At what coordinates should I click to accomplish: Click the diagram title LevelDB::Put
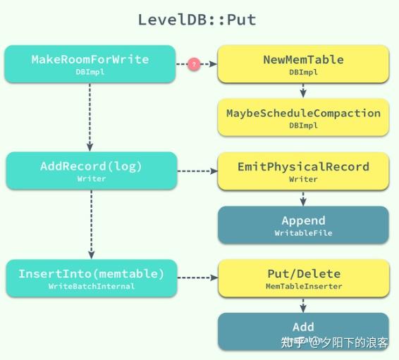click(x=197, y=20)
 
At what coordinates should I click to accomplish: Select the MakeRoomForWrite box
click(x=90, y=64)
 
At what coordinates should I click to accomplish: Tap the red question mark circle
click(x=194, y=64)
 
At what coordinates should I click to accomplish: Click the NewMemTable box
click(x=303, y=64)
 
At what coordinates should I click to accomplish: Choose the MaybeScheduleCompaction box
click(x=303, y=117)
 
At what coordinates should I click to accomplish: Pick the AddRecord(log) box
click(x=91, y=170)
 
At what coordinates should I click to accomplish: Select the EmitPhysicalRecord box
click(x=303, y=170)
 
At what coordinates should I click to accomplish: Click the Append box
click(x=303, y=225)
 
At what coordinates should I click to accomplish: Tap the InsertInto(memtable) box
click(x=91, y=278)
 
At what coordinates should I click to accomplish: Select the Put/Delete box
click(x=303, y=278)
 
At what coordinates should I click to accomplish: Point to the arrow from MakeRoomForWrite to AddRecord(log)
click(x=91, y=116)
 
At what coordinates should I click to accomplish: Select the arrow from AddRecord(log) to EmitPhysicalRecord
click(x=197, y=170)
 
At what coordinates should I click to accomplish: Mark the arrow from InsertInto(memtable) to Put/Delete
click(x=197, y=278)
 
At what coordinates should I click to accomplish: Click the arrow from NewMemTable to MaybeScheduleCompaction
click(x=303, y=90)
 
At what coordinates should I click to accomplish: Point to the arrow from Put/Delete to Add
click(x=303, y=304)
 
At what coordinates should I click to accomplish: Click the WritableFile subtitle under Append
click(x=303, y=232)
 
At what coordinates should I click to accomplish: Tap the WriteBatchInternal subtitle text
click(x=91, y=286)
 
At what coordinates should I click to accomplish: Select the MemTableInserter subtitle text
click(x=303, y=286)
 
